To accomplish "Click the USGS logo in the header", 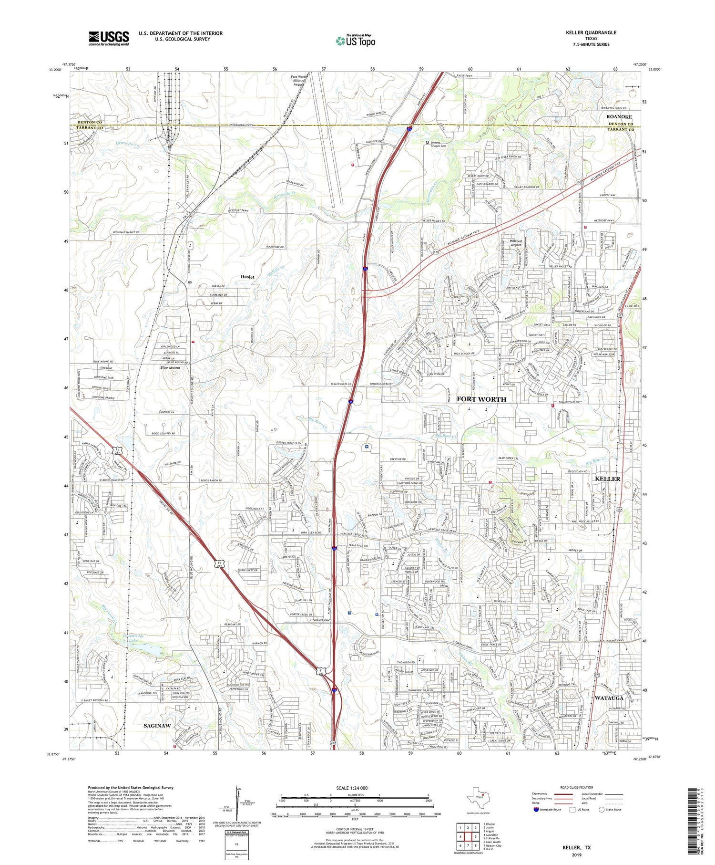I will (x=109, y=38).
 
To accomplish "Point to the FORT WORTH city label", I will (x=481, y=399).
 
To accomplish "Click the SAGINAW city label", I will (x=157, y=725).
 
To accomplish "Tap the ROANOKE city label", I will (x=619, y=117).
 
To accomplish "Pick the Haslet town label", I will (x=247, y=277).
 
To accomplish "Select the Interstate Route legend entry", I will (x=548, y=810).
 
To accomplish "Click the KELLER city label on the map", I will (x=608, y=479).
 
